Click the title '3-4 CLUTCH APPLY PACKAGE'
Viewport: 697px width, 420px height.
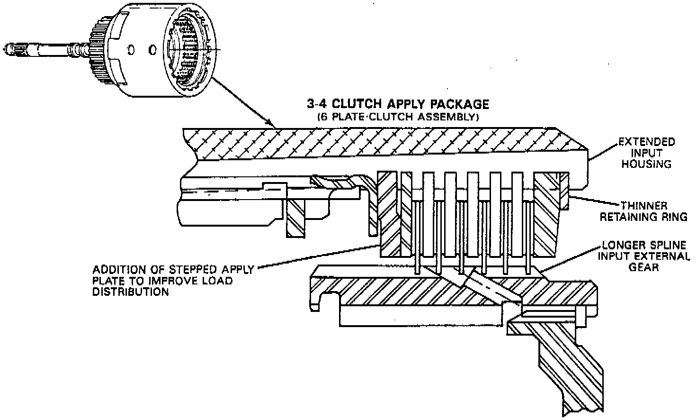point(398,103)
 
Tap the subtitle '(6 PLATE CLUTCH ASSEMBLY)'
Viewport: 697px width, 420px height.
point(398,117)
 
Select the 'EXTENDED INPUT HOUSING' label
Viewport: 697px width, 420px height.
point(647,153)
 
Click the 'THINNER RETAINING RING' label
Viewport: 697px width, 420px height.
point(643,211)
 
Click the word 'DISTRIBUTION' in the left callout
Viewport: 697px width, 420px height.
point(131,292)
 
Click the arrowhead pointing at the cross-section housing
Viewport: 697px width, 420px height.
point(273,124)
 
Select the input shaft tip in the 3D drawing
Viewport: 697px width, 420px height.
point(9,48)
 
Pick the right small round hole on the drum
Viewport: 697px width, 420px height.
point(152,49)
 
